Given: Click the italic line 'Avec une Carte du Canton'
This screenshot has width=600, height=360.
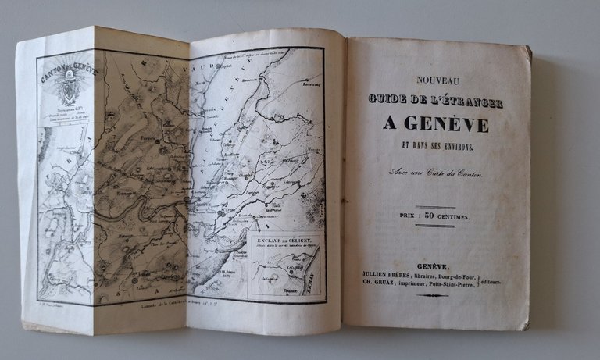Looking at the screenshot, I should tap(435, 173).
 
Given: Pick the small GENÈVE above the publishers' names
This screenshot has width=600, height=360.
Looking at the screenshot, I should tap(432, 266).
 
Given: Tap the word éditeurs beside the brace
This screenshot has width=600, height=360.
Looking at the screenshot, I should tap(509, 280).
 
